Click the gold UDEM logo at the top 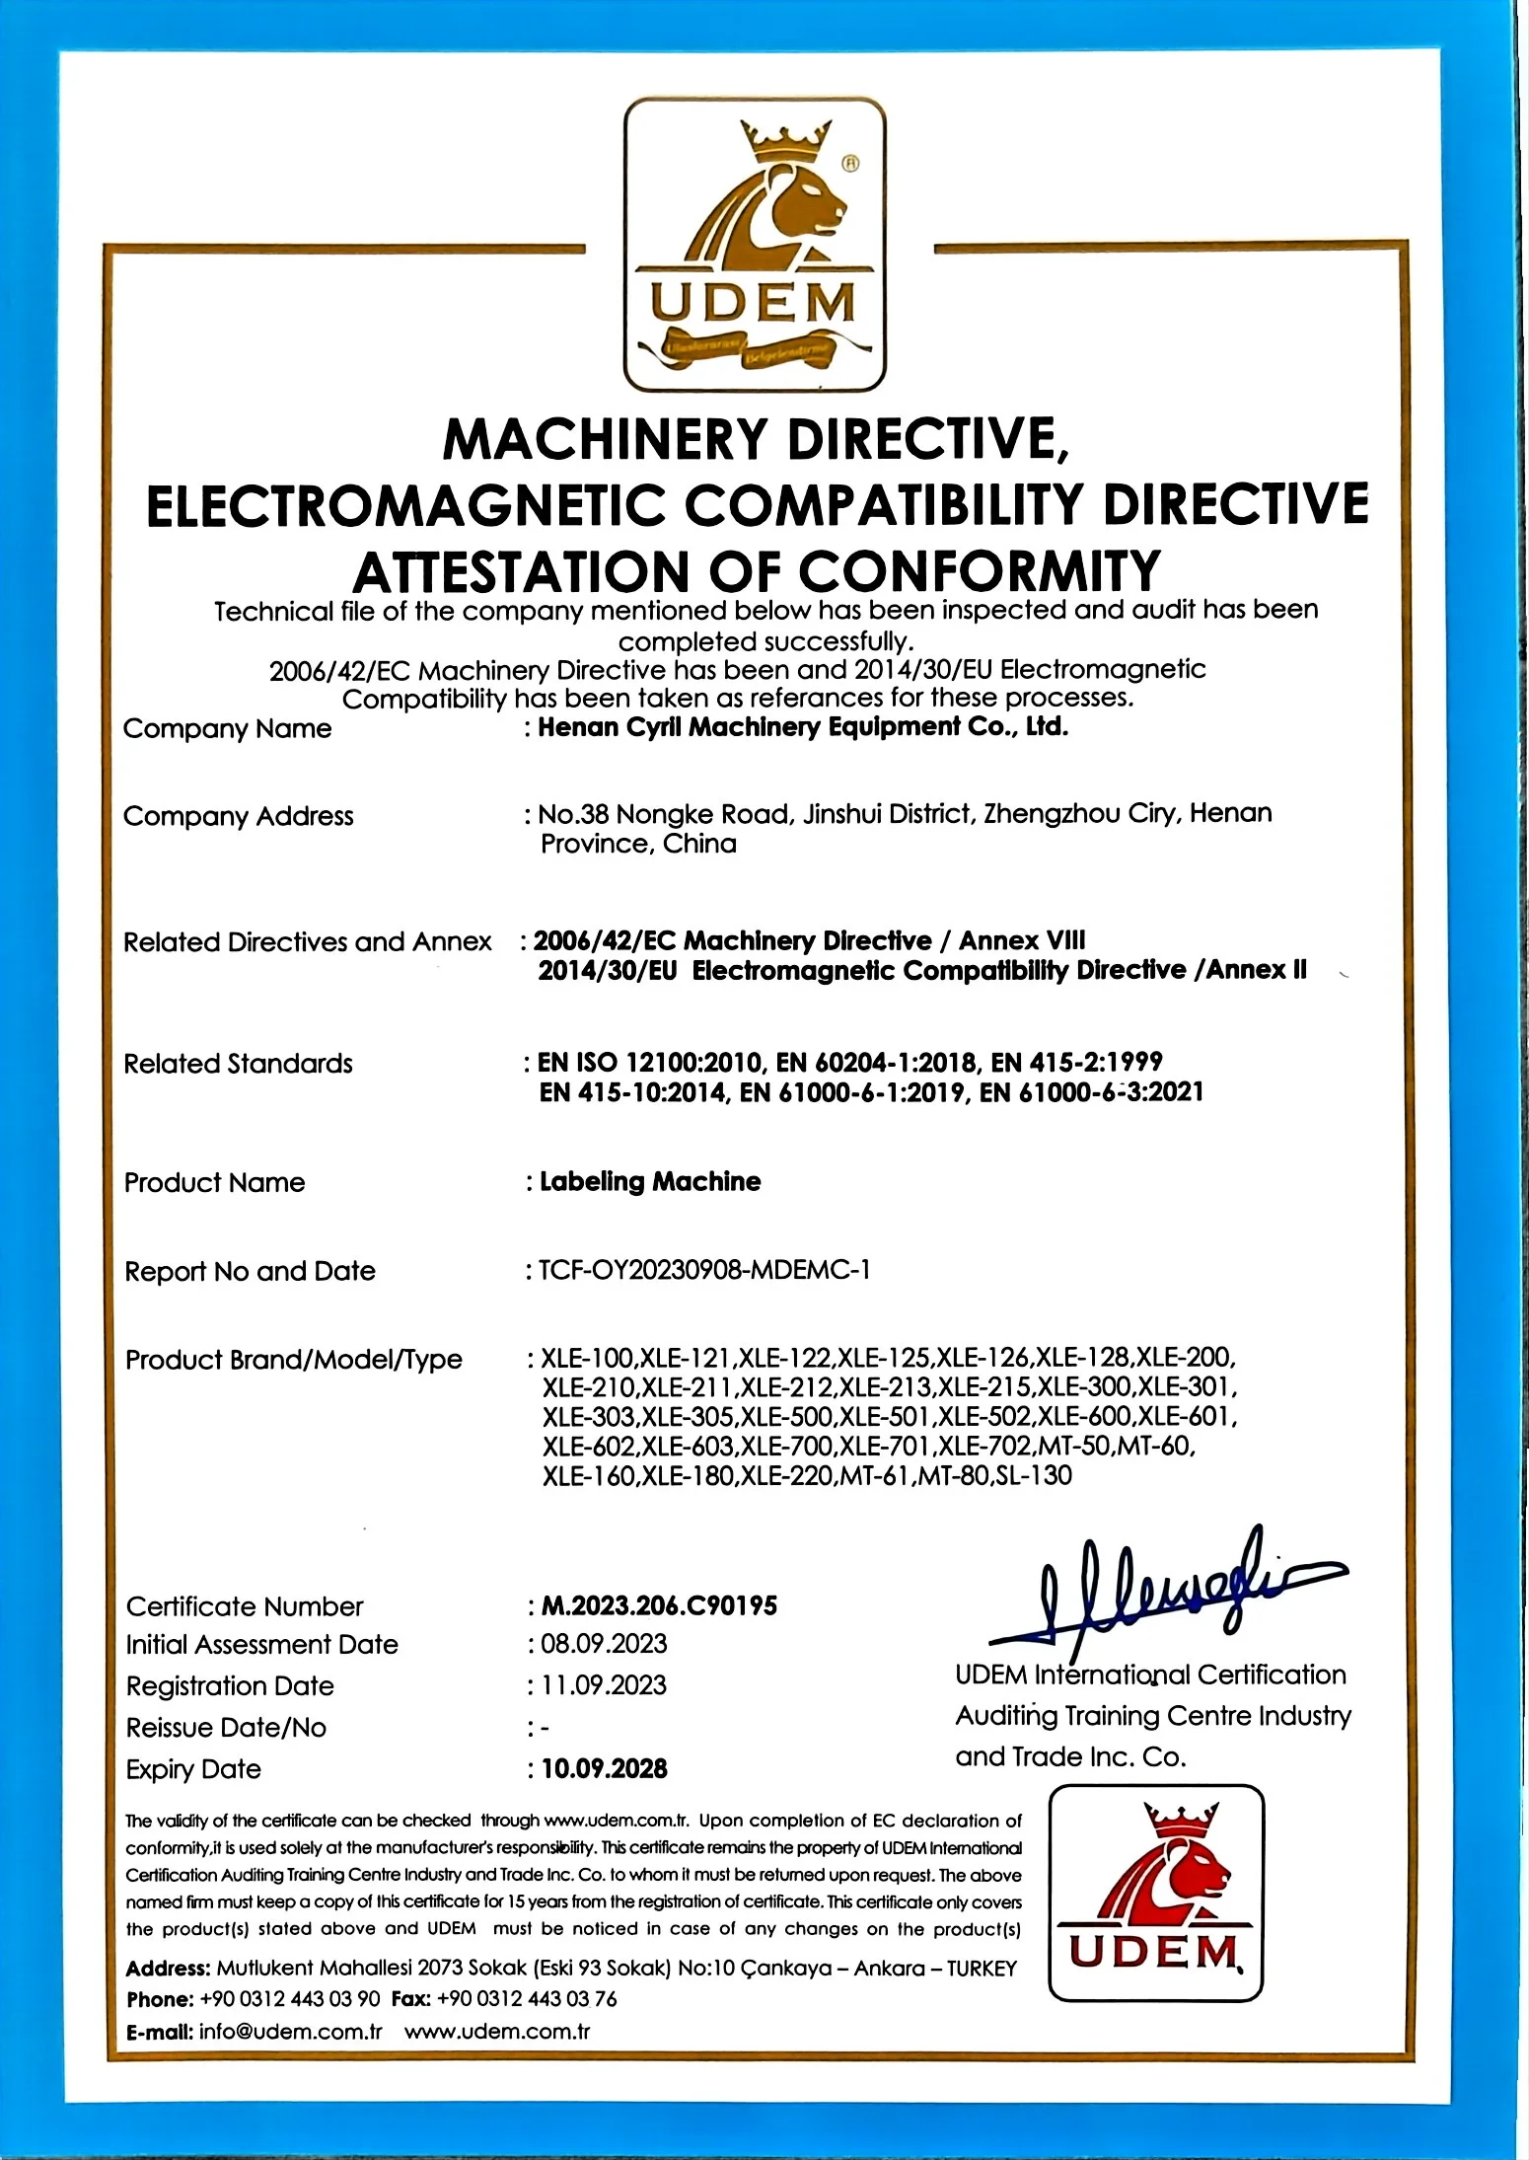755,245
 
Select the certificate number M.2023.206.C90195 659,1606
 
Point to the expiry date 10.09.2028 604,1768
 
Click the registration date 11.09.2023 604,1685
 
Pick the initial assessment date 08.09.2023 604,1644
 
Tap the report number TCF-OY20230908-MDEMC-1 704,1270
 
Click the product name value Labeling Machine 650,1182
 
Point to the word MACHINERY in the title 605,439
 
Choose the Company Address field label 238,816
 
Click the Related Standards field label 238,1064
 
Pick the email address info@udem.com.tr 290,2032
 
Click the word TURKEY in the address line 982,1969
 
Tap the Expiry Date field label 193,1769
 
